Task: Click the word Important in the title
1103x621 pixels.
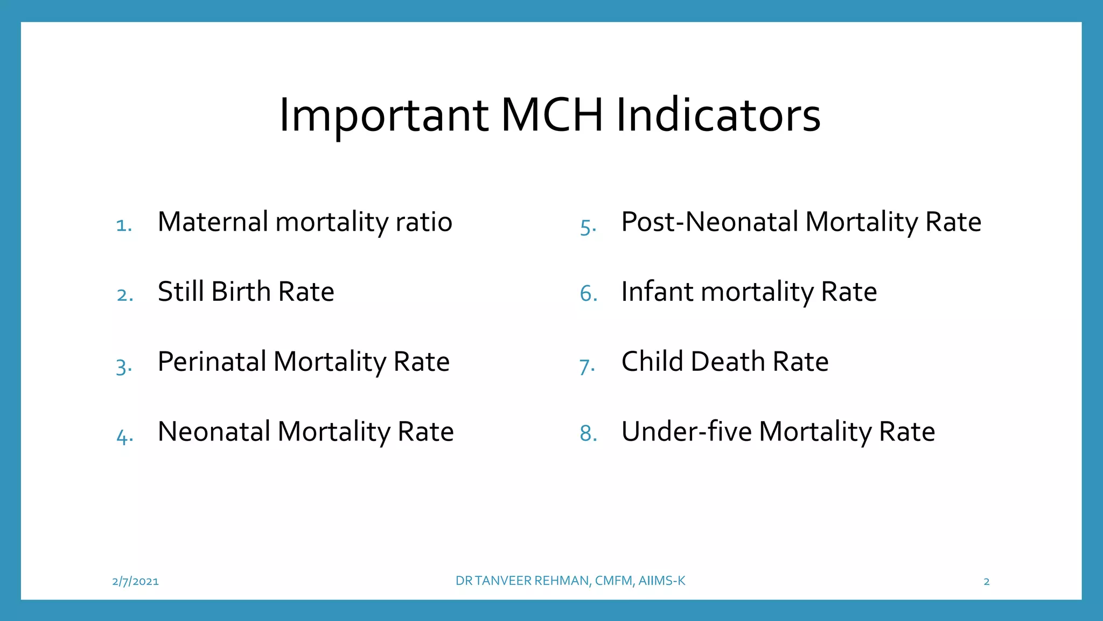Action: [383, 115]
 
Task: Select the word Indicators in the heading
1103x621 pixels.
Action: [718, 115]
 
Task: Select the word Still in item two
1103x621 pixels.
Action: [180, 292]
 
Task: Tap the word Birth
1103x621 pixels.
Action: [241, 292]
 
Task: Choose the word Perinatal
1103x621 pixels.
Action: [212, 362]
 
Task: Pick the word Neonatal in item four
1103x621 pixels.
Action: [214, 432]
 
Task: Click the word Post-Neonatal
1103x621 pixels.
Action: [709, 222]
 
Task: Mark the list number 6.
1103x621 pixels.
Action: [588, 294]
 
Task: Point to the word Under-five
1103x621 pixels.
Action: [686, 432]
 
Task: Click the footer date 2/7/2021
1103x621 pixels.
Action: [135, 581]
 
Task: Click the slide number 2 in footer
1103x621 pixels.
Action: [986, 581]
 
